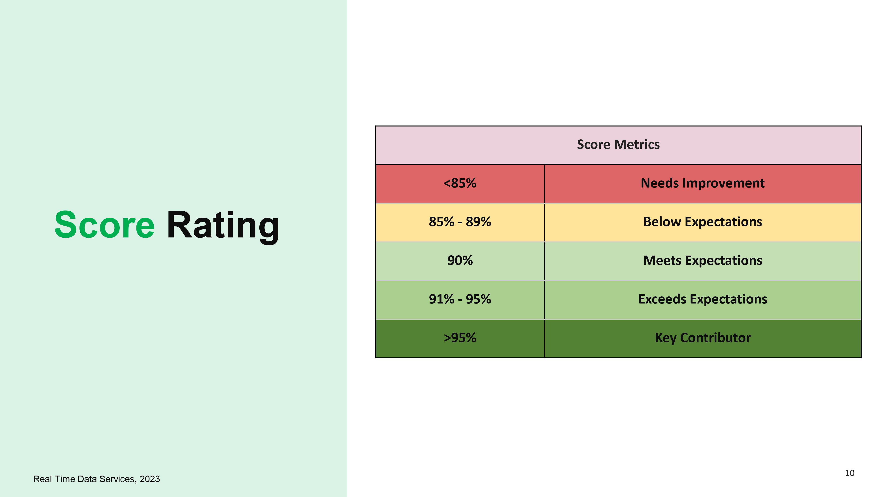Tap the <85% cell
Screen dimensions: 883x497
point(460,184)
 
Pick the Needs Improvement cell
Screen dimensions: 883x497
point(703,184)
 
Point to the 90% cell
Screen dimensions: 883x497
point(460,261)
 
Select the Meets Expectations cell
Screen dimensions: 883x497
point(703,261)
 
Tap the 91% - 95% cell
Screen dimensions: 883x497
point(460,300)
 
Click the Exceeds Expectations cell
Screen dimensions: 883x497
point(703,300)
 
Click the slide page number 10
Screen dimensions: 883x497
point(850,473)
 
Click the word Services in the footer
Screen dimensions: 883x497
point(118,479)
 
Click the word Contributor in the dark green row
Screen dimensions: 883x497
point(715,338)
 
